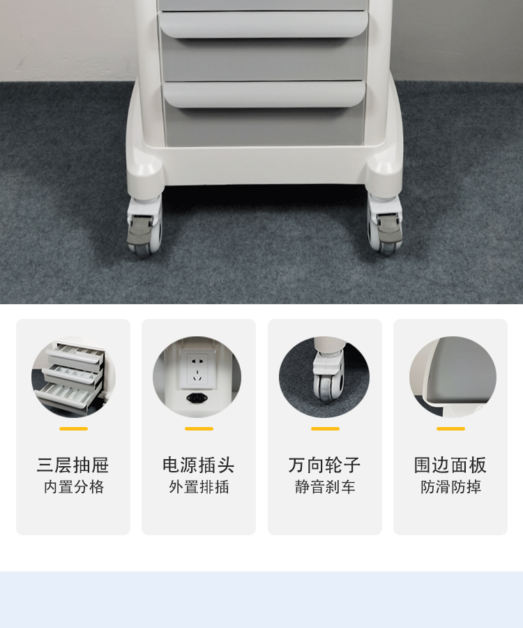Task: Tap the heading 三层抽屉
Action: coord(73,465)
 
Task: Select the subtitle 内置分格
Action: coord(74,486)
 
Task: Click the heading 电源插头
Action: coord(199,465)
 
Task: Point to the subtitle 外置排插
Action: coord(199,486)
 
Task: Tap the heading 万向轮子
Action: coord(324,465)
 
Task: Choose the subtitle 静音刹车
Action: coord(325,486)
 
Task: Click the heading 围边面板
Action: coord(450,465)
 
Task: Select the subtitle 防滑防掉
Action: coord(450,486)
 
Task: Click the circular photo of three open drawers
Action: coord(74,377)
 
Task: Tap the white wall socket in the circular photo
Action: coord(198,370)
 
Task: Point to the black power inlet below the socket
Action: coord(197,398)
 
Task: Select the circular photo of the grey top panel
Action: coord(453,377)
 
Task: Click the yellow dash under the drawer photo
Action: coord(74,428)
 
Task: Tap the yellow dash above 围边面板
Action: coord(450,428)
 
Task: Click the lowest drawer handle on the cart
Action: coord(264,94)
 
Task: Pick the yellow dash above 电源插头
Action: coord(199,428)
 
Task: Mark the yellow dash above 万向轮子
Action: coord(325,428)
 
